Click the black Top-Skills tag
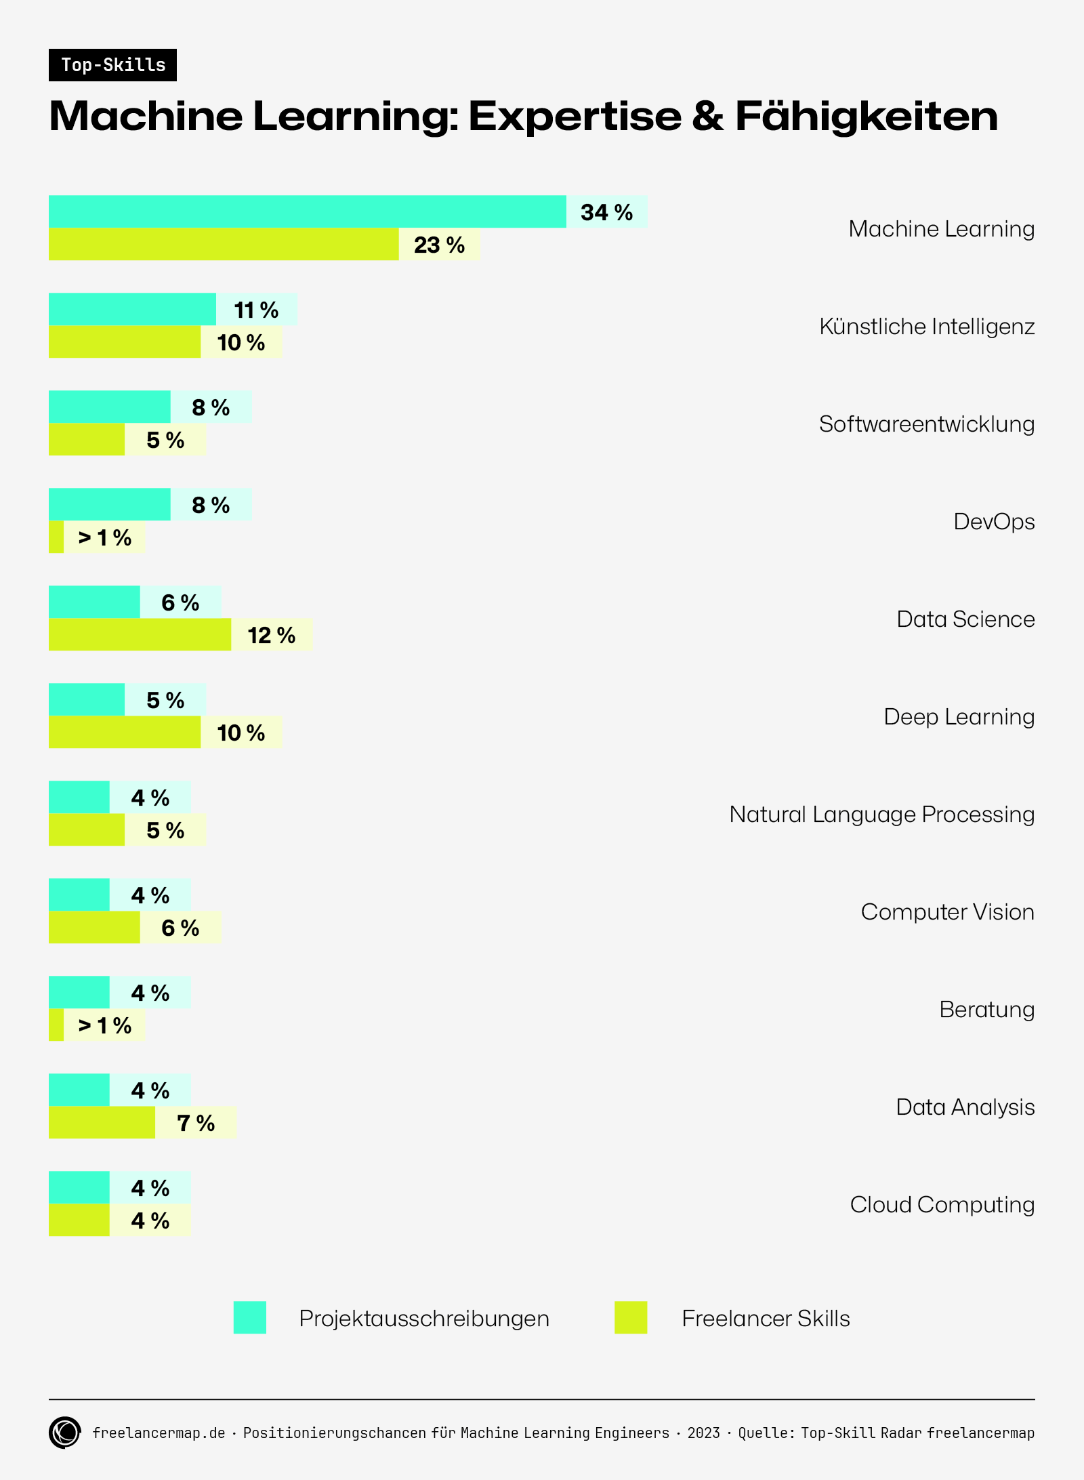click(x=112, y=65)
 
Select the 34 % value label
click(x=606, y=212)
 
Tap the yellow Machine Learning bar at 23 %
click(x=224, y=244)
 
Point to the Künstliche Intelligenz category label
click(x=926, y=327)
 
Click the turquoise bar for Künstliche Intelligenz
click(x=132, y=309)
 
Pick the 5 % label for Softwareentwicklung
click(x=165, y=440)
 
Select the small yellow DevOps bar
click(x=56, y=537)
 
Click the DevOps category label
click(x=993, y=522)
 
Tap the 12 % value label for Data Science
click(x=271, y=635)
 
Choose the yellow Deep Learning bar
click(x=125, y=732)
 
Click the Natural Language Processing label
click(x=881, y=815)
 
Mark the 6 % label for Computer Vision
click(x=180, y=928)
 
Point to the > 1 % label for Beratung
click(x=104, y=1025)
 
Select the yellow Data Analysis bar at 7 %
click(x=102, y=1122)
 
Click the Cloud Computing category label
click(x=942, y=1205)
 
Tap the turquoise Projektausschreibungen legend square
click(x=250, y=1317)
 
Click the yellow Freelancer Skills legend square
click(x=631, y=1317)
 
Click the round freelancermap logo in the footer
click(x=65, y=1433)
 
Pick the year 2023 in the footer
click(x=703, y=1433)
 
